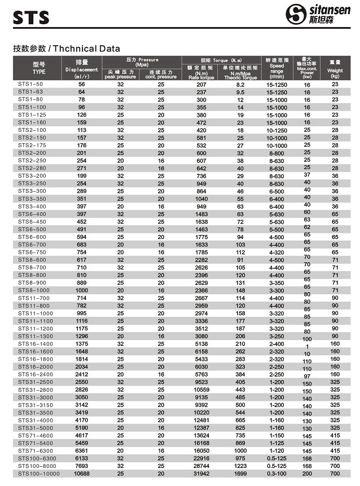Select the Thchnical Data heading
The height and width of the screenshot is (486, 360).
tap(66, 48)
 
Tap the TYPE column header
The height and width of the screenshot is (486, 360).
tap(38, 68)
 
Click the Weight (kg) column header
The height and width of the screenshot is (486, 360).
tap(335, 68)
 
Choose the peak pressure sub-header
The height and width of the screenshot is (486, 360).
tap(120, 74)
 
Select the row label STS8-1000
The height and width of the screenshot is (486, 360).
tap(34, 290)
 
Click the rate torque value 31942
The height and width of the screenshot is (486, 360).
tap(201, 474)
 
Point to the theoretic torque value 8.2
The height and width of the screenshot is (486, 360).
tap(240, 84)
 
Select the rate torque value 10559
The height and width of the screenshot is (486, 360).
tap(201, 389)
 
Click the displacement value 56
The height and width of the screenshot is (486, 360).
tap(81, 84)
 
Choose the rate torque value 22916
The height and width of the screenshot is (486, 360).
tap(201, 458)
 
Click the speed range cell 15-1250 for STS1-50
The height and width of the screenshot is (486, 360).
tap(276, 84)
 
